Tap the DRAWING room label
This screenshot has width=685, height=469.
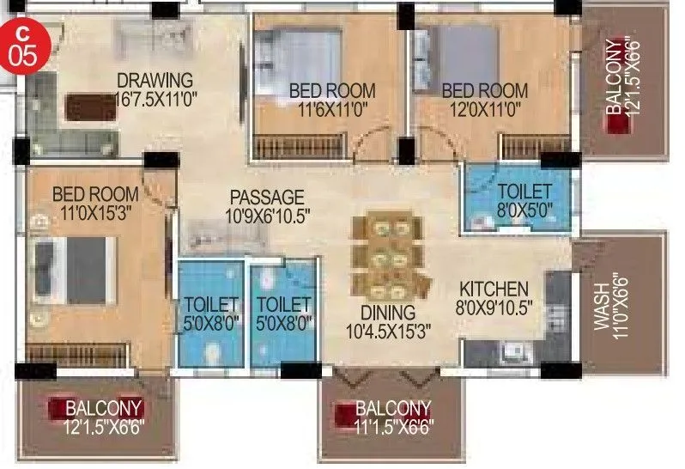coord(155,81)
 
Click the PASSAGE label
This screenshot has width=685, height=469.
coord(266,197)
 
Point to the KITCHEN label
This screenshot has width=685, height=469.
coord(493,289)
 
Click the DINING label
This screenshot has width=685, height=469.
coord(388,313)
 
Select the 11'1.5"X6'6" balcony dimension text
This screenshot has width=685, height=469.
coord(394,424)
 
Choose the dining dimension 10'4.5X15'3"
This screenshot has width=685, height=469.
coord(388,330)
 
